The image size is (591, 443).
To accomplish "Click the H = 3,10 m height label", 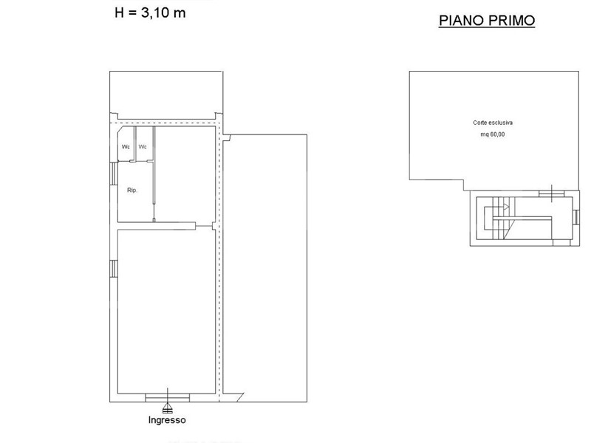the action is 150,13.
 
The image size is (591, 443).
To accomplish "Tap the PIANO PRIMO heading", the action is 487,21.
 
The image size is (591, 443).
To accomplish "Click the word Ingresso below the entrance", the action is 167,420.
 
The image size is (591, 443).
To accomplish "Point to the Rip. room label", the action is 132,190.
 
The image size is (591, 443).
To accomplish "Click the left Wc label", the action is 126,146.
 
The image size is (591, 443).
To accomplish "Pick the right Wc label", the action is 143,146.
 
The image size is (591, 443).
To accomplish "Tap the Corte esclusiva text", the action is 493,123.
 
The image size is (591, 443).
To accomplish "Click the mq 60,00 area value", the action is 493,134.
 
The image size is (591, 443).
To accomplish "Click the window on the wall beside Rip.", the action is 114,174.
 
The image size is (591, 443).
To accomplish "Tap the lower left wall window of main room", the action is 114,269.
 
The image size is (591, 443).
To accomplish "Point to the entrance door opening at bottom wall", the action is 168,397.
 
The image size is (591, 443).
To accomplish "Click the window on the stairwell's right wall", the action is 575,217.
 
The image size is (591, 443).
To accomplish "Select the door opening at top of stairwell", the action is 551,193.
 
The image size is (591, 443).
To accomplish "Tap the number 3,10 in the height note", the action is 155,13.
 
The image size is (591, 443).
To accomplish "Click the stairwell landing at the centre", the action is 522,218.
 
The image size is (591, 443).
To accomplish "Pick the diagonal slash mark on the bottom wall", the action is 240,396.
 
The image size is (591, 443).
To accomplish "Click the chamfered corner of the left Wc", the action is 121,131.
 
